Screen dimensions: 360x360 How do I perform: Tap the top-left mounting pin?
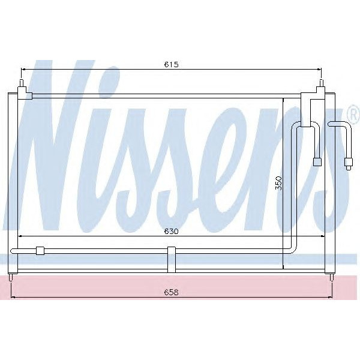point(22,85)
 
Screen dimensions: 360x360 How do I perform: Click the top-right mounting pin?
point(322,84)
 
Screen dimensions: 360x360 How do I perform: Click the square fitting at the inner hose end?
point(318,161)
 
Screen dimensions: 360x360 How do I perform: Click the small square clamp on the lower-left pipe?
point(41,251)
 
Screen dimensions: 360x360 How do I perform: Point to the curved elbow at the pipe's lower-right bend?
point(292,248)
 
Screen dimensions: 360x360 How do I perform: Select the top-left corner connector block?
point(25,94)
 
